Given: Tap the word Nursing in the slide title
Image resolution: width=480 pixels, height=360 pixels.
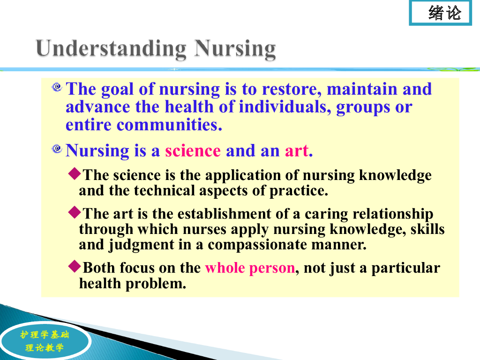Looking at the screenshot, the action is point(235,49).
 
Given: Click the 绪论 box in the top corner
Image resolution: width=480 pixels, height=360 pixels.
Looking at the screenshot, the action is point(440,13).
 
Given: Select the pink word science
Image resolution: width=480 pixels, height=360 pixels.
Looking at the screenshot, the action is point(193,150).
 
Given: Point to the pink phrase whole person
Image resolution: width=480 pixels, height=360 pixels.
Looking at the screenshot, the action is point(250,268).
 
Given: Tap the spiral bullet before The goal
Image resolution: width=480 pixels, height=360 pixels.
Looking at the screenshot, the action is point(57,87).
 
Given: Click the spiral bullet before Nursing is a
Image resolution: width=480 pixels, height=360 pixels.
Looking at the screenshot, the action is point(57,149).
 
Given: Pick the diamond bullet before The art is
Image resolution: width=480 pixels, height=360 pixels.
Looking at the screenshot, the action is point(75,212).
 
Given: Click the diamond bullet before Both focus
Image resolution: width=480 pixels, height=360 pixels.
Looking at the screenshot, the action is point(75,266).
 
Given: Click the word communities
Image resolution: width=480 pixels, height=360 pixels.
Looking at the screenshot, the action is point(169,125).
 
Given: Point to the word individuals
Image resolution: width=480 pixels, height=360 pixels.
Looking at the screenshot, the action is point(285,107).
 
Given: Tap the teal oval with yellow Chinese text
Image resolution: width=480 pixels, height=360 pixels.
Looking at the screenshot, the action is point(45,341).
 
